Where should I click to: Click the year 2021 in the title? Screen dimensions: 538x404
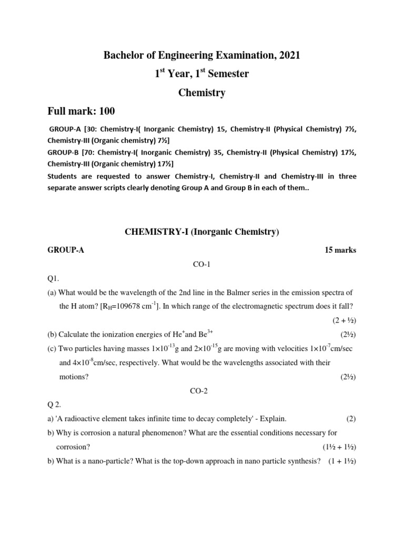pos(288,55)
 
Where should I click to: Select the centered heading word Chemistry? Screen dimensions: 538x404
pos(202,93)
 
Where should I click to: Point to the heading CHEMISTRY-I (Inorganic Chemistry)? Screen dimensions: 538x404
pos(201,232)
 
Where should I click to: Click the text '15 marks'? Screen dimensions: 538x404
pos(340,250)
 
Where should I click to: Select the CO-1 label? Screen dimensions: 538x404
pos(202,265)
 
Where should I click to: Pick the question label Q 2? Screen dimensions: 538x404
pos(56,405)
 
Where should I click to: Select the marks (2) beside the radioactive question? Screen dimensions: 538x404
pos(351,419)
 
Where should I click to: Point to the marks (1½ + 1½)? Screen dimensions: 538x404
pos(339,447)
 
